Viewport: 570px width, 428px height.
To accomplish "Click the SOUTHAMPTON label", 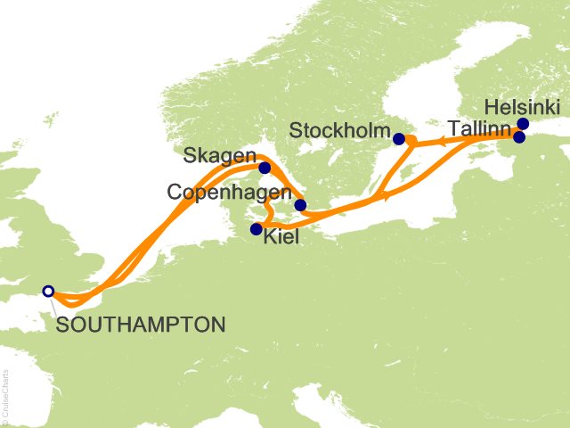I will [140, 325].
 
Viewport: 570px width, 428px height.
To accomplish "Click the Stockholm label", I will [339, 133].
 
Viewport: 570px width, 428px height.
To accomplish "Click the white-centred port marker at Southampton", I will [48, 291].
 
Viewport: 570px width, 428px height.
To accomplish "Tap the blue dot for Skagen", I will [265, 167].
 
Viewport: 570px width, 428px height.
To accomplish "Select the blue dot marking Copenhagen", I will [300, 205].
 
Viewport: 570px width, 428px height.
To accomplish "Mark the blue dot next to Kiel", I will [256, 229].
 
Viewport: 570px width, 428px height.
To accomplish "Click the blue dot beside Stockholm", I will [399, 138].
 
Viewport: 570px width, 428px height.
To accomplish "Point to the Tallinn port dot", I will [518, 137].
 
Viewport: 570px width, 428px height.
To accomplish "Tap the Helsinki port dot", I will [523, 124].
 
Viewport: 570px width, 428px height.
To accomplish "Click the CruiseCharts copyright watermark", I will [6, 393].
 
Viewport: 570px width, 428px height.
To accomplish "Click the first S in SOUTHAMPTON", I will [61, 325].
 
